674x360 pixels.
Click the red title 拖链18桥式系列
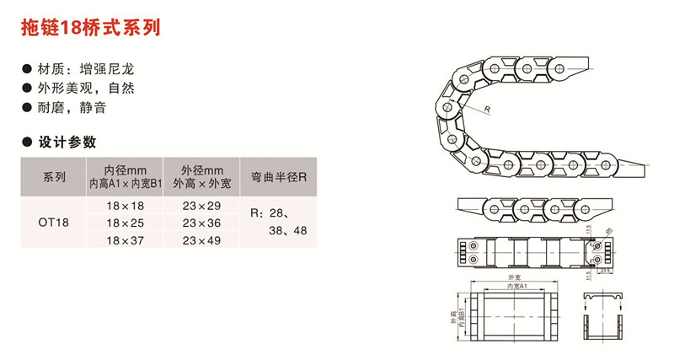coord(90,27)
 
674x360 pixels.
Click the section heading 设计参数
coord(66,141)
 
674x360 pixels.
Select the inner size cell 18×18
coord(126,205)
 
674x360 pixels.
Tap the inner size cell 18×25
coord(126,223)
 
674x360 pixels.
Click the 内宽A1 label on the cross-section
coord(516,287)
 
